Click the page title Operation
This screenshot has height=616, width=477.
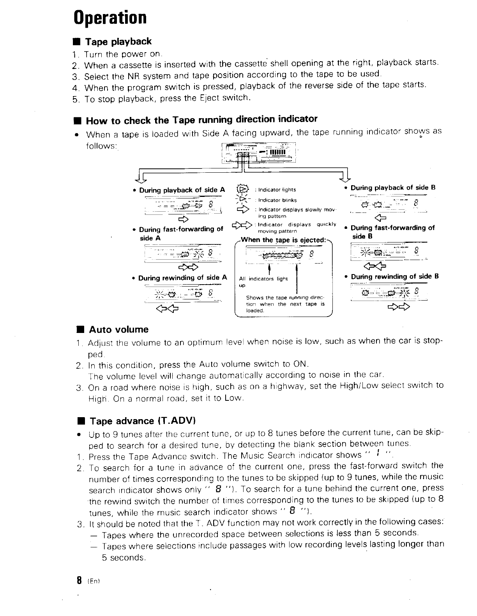click(x=110, y=18)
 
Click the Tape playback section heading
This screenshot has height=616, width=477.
click(x=118, y=42)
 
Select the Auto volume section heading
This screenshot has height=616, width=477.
click(x=119, y=329)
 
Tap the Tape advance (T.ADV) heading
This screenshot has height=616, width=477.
click(x=142, y=421)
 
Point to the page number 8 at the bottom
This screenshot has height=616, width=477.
click(x=79, y=580)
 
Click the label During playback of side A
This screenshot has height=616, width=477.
click(x=182, y=190)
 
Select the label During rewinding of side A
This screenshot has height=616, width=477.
click(x=182, y=278)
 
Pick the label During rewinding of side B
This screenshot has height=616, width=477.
click(x=395, y=276)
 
